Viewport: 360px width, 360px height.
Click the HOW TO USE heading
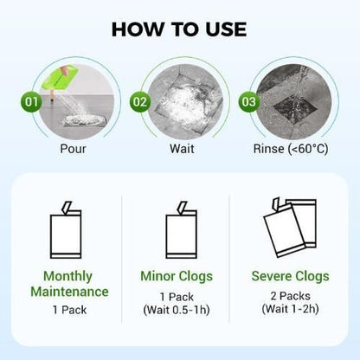pos(180,30)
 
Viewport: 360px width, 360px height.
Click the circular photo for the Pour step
pos(74,100)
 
